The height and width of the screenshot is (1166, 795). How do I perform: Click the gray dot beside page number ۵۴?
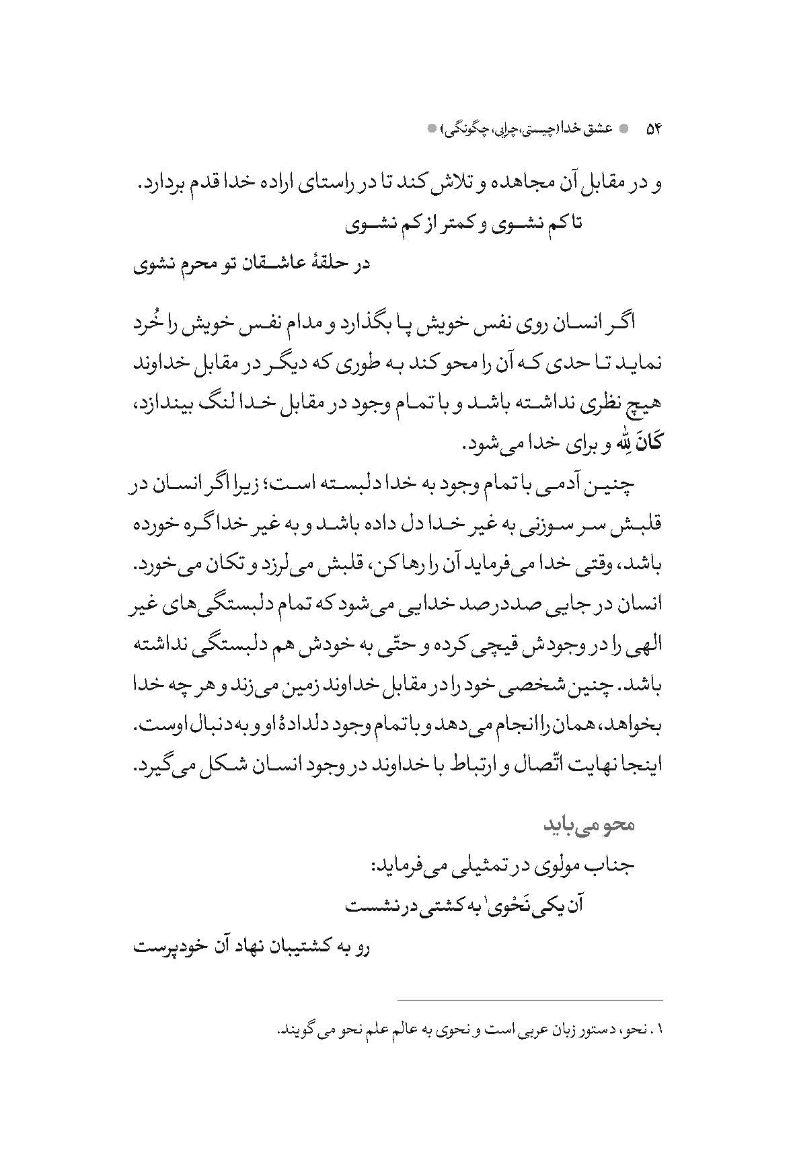(626, 127)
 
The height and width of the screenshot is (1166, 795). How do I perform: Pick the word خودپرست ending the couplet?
(165, 948)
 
